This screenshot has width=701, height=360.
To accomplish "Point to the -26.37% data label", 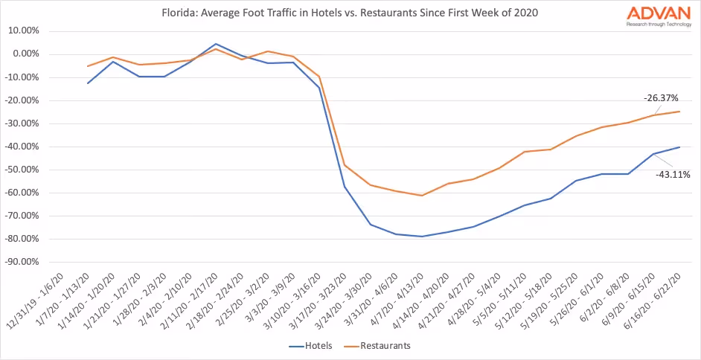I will pos(661,98).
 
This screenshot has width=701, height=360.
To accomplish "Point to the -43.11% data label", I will pos(673,175).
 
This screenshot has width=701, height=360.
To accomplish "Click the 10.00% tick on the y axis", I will pos(25,30).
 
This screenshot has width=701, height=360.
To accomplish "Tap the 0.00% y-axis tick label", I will pos(27,54).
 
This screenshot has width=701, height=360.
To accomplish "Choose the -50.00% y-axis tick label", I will pos(24,170).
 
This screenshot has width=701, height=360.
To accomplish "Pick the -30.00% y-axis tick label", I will pos(24,123).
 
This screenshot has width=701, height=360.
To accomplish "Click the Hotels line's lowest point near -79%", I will pos(422,237).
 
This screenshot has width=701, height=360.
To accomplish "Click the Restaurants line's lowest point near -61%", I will pos(422,196).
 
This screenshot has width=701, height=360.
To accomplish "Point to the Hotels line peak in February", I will pos(216,44).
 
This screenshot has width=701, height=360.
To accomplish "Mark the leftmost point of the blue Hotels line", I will pos(89,83).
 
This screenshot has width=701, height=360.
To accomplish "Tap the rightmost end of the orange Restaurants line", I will pos(679,112).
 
